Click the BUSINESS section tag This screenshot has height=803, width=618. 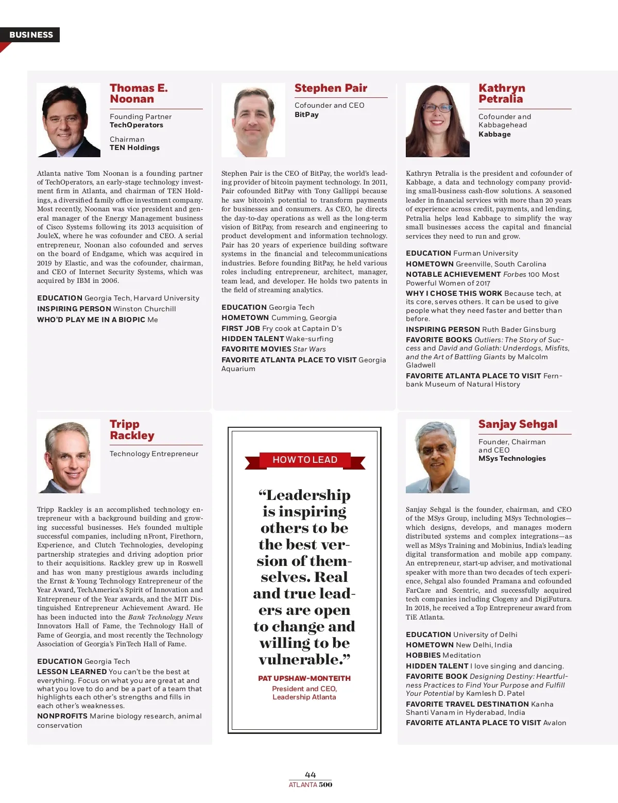point(31,35)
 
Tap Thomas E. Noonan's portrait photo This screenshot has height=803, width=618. point(68,120)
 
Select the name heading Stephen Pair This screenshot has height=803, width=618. point(331,88)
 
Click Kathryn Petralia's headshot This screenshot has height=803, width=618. point(437,120)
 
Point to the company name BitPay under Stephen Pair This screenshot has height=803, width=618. point(306,114)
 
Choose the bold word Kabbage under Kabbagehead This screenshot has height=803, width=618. point(494,134)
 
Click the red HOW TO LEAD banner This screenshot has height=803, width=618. point(305,460)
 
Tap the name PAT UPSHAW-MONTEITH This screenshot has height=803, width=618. point(304,678)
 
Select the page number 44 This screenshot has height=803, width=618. point(311,775)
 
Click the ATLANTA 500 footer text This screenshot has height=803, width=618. point(311,785)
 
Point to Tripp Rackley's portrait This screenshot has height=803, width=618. point(68,456)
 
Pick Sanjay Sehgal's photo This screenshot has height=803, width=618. point(437,456)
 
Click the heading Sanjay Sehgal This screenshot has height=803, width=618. point(518,424)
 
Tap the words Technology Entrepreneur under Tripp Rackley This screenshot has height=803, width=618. point(154,454)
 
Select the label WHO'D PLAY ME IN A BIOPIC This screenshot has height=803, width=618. point(91,320)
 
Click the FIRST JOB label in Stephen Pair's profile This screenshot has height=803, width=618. point(241,328)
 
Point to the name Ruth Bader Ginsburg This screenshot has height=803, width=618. point(519,329)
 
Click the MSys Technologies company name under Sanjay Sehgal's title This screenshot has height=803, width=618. point(512,458)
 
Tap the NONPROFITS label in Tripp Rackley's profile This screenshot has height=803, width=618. point(62,716)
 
